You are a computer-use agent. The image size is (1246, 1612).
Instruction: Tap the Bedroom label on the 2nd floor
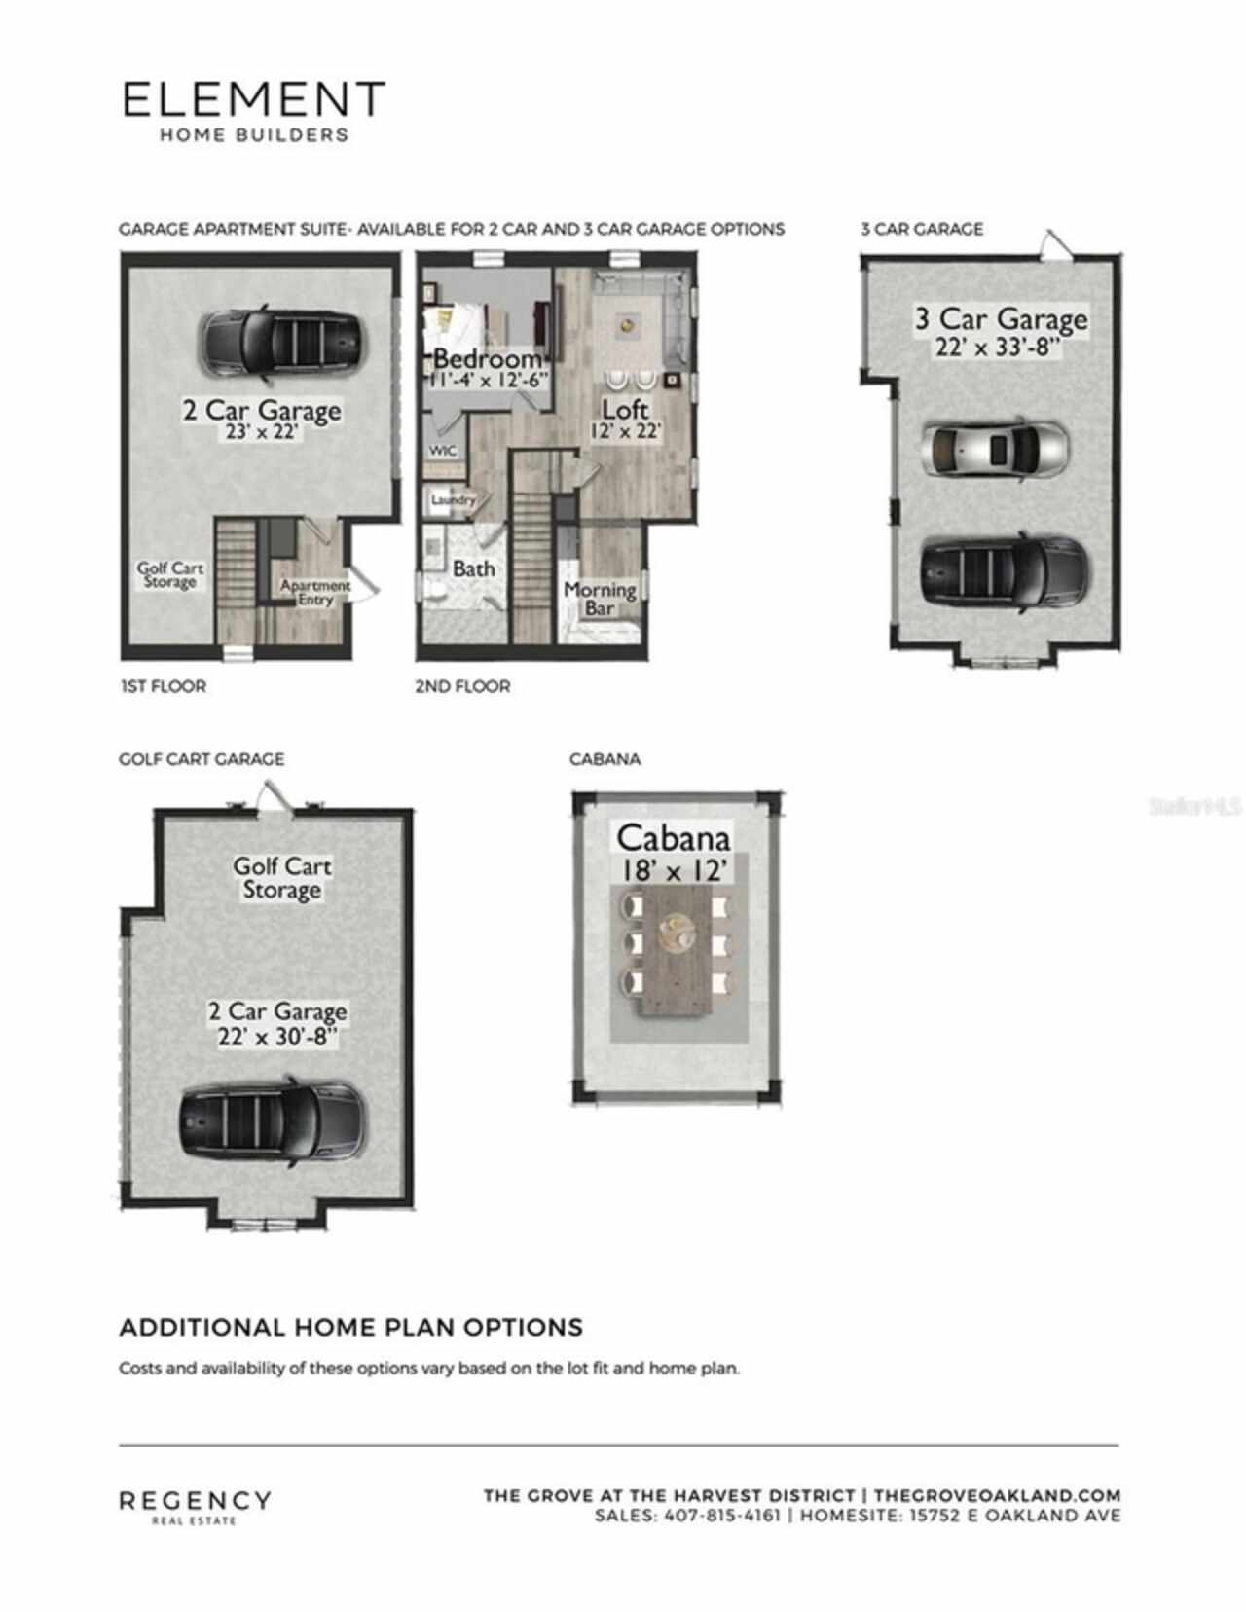pyautogui.click(x=488, y=358)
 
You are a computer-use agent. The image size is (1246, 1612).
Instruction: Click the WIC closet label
pyautogui.click(x=443, y=451)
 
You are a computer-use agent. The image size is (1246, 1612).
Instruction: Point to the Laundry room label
pyautogui.click(x=453, y=499)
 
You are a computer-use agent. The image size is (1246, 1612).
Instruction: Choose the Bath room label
pyautogui.click(x=473, y=568)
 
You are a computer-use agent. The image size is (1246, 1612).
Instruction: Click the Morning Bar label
pyautogui.click(x=600, y=599)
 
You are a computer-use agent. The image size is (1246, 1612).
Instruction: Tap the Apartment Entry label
pyautogui.click(x=315, y=592)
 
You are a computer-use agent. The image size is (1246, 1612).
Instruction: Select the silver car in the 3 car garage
pyautogui.click(x=994, y=449)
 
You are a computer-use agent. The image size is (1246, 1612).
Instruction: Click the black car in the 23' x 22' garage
pyautogui.click(x=282, y=342)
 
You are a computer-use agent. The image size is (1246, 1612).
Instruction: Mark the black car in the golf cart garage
pyautogui.click(x=274, y=1121)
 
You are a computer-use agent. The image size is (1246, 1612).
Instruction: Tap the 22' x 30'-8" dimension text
pyautogui.click(x=277, y=1037)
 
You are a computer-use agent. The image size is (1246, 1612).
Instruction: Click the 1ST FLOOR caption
pyautogui.click(x=164, y=686)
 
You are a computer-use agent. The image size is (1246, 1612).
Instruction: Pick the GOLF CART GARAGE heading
pyautogui.click(x=202, y=758)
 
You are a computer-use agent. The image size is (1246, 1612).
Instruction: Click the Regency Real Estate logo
pyautogui.click(x=195, y=1504)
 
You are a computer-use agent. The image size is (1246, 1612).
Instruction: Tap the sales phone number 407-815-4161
pyautogui.click(x=721, y=1516)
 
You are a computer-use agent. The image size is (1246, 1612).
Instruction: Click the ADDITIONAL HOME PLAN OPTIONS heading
pyautogui.click(x=350, y=1327)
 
